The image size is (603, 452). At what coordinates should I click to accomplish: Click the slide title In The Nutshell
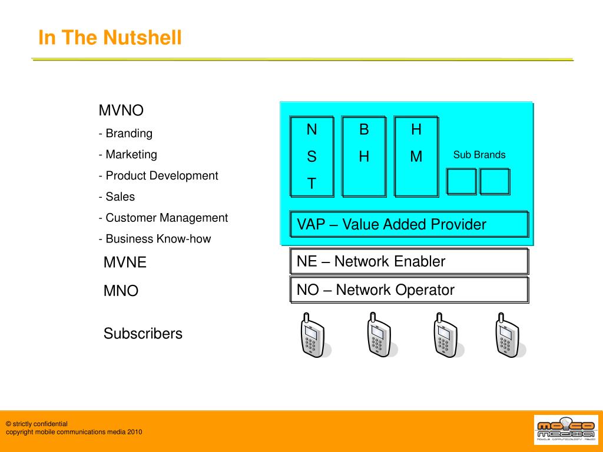click(x=110, y=38)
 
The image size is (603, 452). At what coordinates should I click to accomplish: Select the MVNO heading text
click(x=121, y=111)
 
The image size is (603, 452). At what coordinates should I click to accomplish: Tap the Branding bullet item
click(x=126, y=134)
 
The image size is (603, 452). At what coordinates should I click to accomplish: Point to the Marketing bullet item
click(x=128, y=155)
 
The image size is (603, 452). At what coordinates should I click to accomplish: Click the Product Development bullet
click(x=158, y=176)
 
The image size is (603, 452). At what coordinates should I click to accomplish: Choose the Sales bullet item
click(x=117, y=197)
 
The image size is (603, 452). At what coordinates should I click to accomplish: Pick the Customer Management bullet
click(x=163, y=218)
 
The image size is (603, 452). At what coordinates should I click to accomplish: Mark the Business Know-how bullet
click(x=155, y=239)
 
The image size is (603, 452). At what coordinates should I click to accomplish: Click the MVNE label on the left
click(x=125, y=262)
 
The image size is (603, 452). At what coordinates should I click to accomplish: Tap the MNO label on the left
click(x=121, y=291)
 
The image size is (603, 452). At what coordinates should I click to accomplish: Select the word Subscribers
click(x=143, y=334)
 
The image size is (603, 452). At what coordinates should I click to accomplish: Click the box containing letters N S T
click(x=312, y=157)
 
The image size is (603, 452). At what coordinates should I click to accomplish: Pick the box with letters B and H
click(x=364, y=157)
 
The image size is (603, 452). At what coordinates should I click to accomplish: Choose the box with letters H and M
click(x=416, y=157)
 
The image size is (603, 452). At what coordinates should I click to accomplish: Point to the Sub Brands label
click(x=479, y=155)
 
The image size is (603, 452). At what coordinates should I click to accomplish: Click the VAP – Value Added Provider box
click(x=409, y=224)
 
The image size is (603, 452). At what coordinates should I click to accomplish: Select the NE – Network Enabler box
click(x=409, y=261)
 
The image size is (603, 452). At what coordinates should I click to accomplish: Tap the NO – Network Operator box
click(x=409, y=290)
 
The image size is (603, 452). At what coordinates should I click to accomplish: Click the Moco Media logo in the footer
click(x=565, y=430)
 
